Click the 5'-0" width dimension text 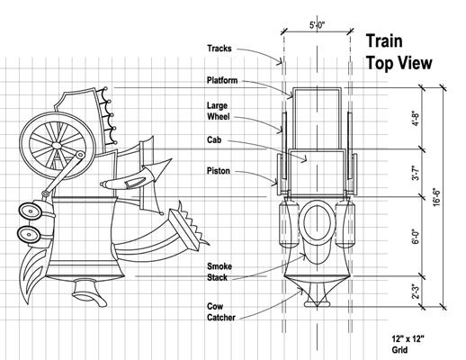pyautogui.click(x=318, y=25)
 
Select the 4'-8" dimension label pyautogui.click(x=416, y=119)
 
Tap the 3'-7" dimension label pyautogui.click(x=416, y=173)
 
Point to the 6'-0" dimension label pyautogui.click(x=416, y=237)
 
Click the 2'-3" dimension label pyautogui.click(x=416, y=292)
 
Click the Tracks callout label pyautogui.click(x=220, y=49)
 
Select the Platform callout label pyautogui.click(x=222, y=80)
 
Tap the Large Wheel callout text pyautogui.click(x=219, y=111)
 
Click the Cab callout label pyautogui.click(x=214, y=139)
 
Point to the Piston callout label pyautogui.click(x=219, y=171)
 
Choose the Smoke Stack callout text pyautogui.click(x=220, y=272)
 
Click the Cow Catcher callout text pyautogui.click(x=221, y=312)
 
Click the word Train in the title pyautogui.click(x=384, y=41)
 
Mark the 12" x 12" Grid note pyautogui.click(x=408, y=345)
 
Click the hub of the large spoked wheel pyautogui.click(x=56, y=146)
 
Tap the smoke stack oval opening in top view pyautogui.click(x=318, y=222)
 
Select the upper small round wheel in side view pyautogui.click(x=30, y=211)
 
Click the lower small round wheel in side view pyautogui.click(x=28, y=234)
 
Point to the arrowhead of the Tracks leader pyautogui.click(x=281, y=62)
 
